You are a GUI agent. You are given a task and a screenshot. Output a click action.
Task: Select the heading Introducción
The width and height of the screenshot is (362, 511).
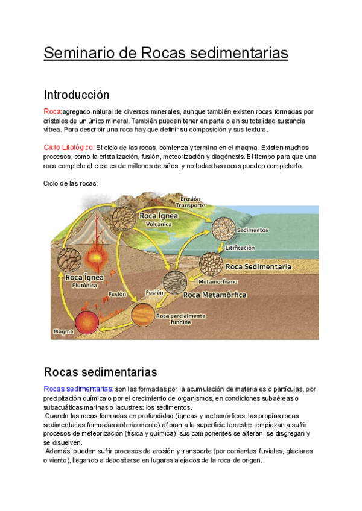76,95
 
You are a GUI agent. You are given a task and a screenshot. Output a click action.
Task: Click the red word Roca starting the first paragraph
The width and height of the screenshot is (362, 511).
52,112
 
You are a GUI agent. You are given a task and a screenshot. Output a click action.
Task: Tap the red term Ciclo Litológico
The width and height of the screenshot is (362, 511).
69,148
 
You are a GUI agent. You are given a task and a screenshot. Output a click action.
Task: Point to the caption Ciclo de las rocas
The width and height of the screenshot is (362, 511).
71,183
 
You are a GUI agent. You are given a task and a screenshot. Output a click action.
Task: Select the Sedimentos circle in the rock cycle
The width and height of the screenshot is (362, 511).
224,229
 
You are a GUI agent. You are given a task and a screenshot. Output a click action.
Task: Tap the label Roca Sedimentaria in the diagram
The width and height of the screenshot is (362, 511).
258,266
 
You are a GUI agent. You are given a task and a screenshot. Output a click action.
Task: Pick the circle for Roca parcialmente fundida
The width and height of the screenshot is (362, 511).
143,313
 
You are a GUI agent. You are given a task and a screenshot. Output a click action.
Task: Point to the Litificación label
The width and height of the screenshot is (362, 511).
240,248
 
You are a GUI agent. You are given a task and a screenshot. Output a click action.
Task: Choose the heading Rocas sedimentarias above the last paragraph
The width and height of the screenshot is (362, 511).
100,371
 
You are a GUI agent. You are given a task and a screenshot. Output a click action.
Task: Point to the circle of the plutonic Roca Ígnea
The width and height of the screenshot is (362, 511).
69,260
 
